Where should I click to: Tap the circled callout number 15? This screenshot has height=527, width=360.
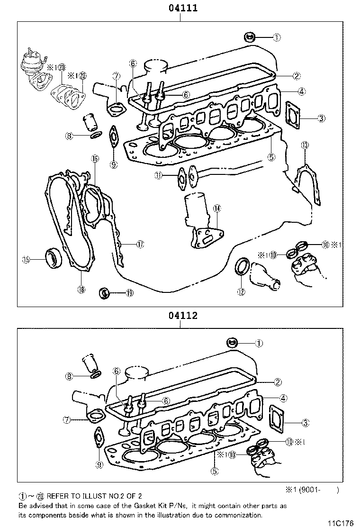26,259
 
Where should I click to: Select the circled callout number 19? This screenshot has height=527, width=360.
130,293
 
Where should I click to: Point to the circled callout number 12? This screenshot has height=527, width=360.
241,292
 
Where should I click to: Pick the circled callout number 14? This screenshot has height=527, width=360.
216,208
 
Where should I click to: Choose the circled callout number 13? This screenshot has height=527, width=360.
305,145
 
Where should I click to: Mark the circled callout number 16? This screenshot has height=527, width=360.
95,159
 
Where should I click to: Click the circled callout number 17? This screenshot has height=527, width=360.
140,244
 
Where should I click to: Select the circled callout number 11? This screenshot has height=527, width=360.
158,175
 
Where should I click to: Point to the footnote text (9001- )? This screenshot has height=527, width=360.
318,491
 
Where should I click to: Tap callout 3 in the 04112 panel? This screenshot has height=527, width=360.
306,422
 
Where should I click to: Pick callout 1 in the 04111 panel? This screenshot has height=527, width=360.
277,36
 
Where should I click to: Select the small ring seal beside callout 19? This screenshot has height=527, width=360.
104,293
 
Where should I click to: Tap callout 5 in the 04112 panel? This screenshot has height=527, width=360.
215,471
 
